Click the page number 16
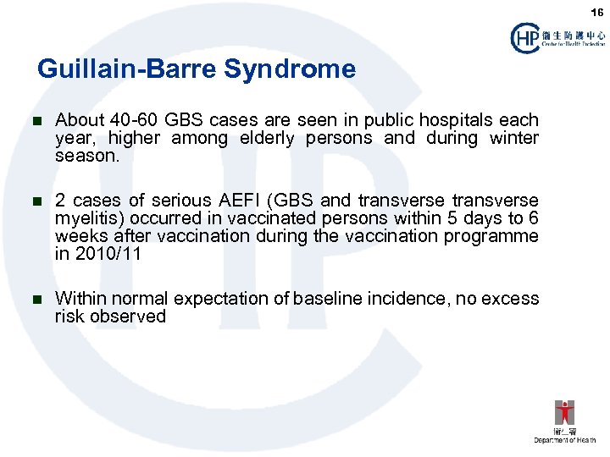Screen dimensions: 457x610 click(597, 12)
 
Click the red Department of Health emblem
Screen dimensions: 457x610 click(564, 414)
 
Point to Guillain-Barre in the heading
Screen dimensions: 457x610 click(127, 69)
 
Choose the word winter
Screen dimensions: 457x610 click(513, 138)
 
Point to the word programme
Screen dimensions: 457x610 click(497, 236)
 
